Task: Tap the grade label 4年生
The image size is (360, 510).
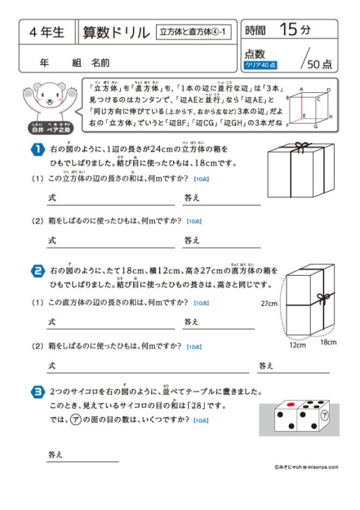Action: tap(48, 32)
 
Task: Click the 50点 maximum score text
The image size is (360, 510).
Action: tap(319, 63)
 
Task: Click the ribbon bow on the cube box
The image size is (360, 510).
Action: tap(302, 148)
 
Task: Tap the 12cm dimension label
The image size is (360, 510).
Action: tap(298, 346)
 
